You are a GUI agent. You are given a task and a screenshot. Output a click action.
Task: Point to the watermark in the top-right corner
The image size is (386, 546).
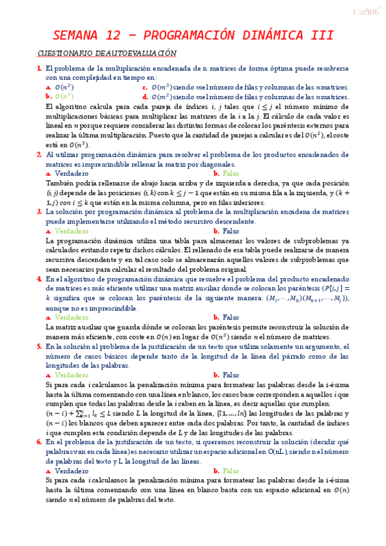point(368,11)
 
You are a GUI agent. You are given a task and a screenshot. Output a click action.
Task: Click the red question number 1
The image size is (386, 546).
point(39,68)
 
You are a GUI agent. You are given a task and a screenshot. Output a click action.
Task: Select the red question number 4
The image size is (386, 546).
point(39,279)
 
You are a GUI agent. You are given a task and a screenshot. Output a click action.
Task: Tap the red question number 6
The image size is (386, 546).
point(39,442)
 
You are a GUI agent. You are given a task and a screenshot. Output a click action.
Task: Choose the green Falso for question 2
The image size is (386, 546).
point(230,173)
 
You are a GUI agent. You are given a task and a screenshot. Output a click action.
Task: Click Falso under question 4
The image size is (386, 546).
point(230,317)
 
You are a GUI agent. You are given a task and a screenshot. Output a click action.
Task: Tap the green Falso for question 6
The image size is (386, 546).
point(230,471)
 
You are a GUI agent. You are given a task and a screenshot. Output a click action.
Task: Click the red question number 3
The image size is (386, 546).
point(39,212)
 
